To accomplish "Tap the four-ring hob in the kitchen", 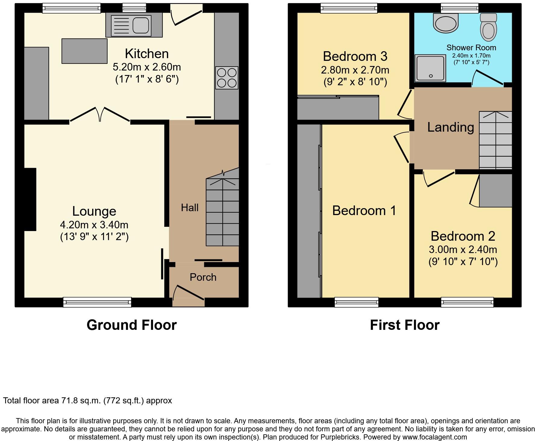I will coord(227,78).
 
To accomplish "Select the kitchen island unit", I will coord(84,51).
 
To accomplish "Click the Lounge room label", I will coord(94,211).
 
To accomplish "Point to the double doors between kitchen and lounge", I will coord(100,114).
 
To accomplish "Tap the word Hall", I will coord(189,208).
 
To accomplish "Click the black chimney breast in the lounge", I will coord(30,199).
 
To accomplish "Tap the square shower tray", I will coord(430,68).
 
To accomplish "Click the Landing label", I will coord(450,127).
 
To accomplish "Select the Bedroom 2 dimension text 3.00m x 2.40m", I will coord(463,249).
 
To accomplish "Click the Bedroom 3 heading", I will coord(355,56).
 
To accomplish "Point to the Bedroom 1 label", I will coord(364,211).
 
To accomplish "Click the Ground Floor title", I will coord(132,325).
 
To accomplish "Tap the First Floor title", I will coord(405,325).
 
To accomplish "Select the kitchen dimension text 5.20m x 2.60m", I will coord(147,67).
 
